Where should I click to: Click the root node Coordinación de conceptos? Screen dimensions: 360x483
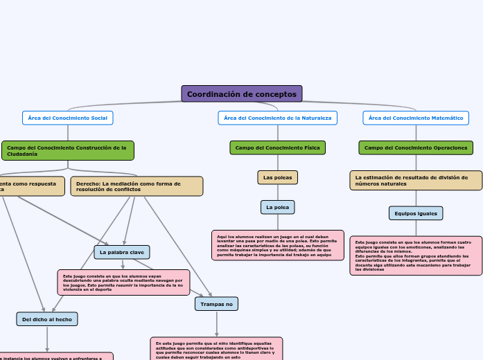[241, 93]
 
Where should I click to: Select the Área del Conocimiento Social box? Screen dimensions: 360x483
[67, 118]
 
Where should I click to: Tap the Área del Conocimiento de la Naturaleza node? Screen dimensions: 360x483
[277, 118]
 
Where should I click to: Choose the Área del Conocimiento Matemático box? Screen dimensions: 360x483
[416, 118]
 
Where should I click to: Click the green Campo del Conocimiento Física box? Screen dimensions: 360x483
[277, 147]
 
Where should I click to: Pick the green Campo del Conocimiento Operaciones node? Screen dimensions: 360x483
[416, 147]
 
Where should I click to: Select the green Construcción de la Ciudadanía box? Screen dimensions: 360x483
[67, 150]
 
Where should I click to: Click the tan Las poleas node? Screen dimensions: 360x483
[277, 178]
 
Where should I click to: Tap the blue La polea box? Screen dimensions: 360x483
[277, 207]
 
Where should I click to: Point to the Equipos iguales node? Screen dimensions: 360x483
[416, 213]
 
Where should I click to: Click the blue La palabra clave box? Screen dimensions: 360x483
[122, 253]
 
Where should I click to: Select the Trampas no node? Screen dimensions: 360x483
[217, 304]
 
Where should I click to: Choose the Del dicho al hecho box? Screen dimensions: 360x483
[47, 319]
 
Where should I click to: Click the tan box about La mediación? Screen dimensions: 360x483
[137, 186]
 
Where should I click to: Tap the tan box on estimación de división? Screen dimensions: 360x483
[416, 181]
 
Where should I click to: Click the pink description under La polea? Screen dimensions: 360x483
[277, 245]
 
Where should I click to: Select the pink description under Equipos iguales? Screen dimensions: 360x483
[416, 255]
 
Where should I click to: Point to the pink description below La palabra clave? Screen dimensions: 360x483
[123, 282]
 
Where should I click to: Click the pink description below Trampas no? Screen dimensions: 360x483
[216, 348]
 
